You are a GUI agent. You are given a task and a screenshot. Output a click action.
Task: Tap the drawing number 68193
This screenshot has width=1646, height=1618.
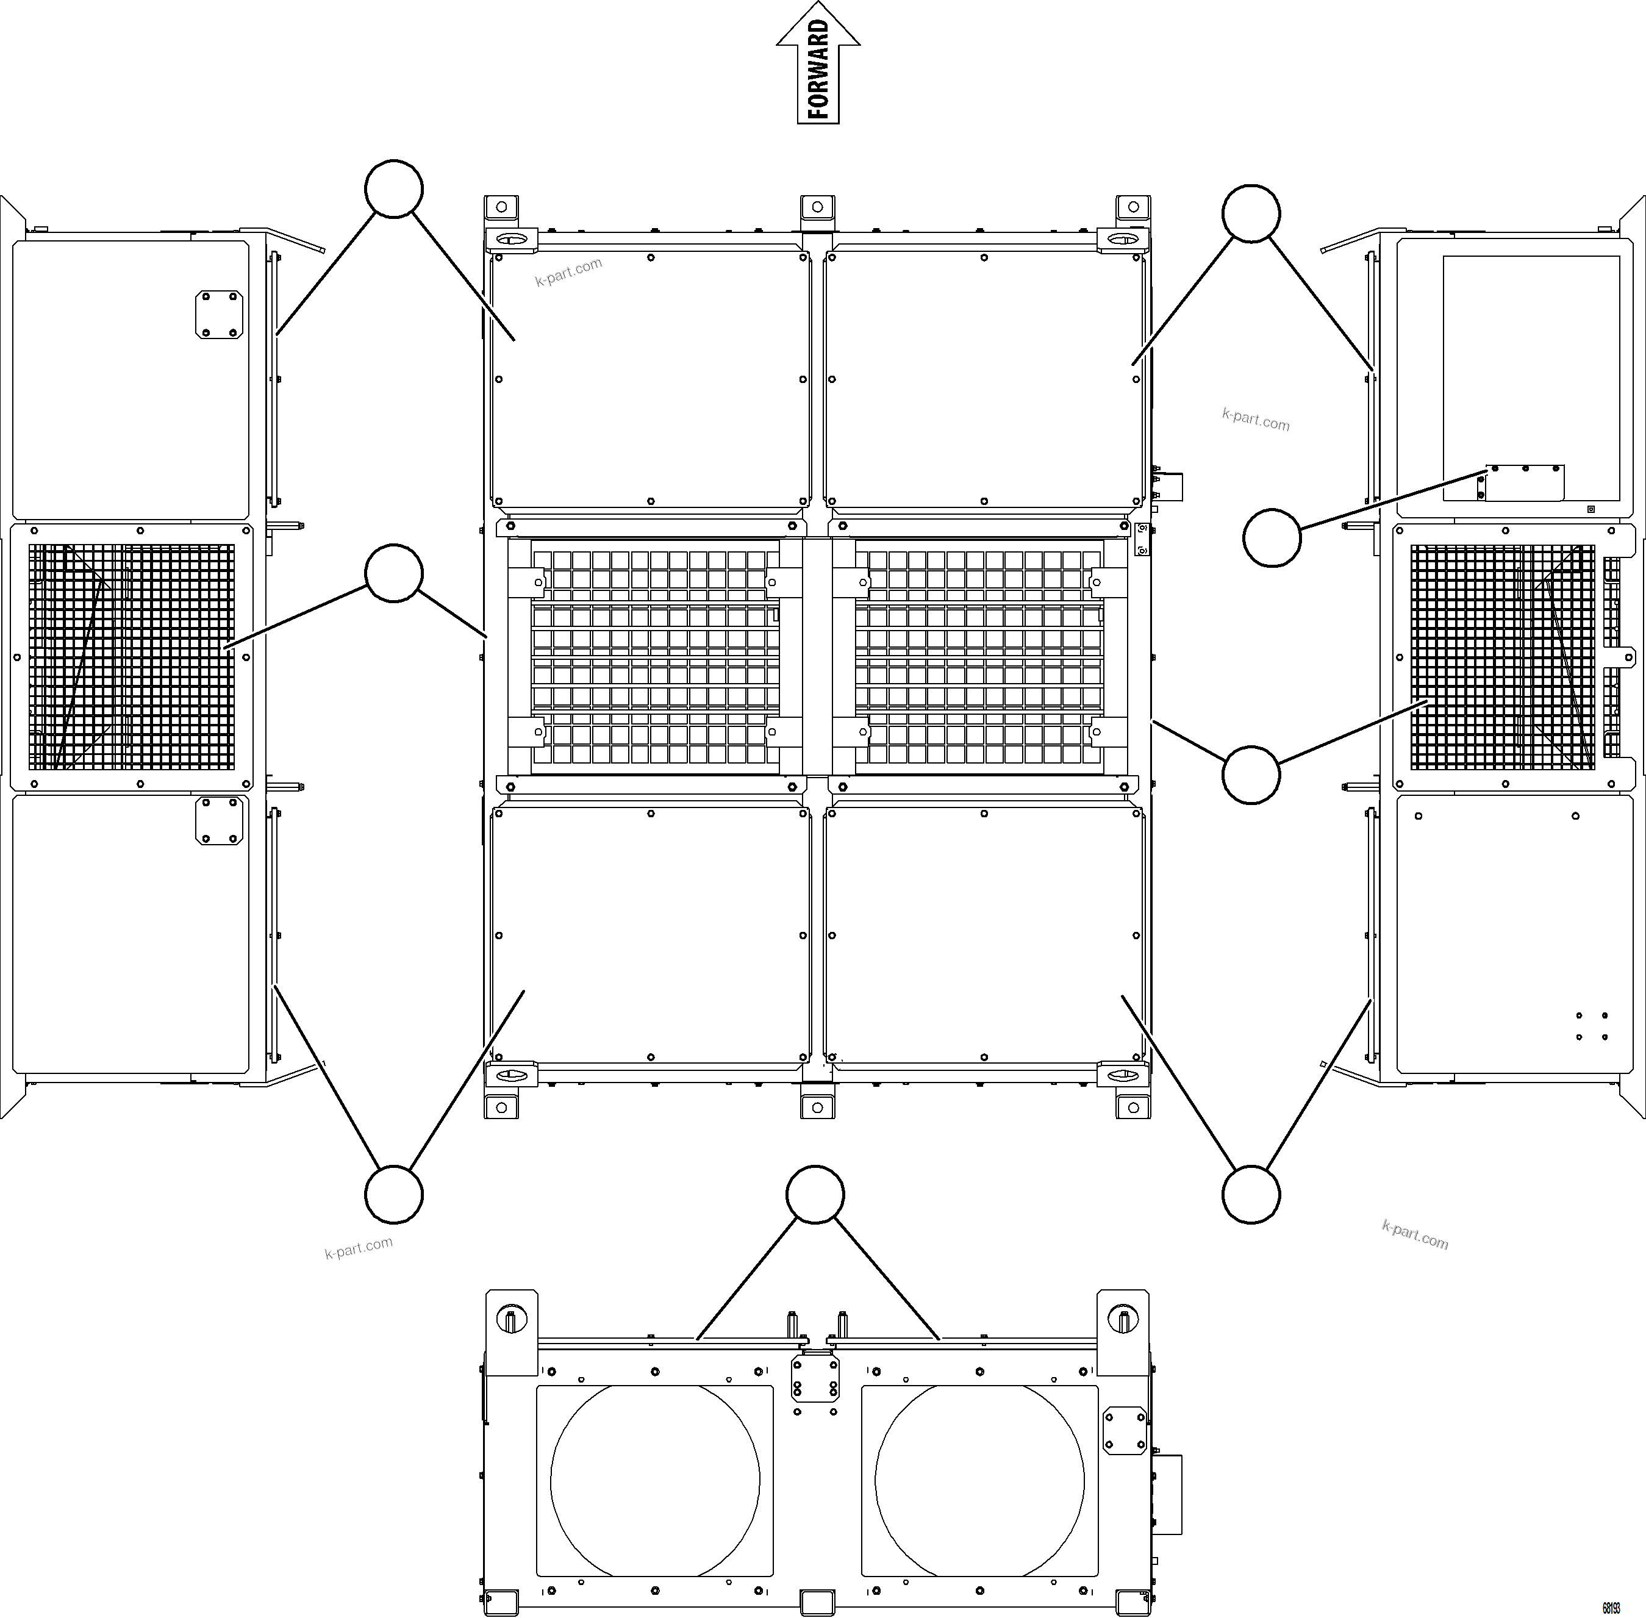point(1610,1608)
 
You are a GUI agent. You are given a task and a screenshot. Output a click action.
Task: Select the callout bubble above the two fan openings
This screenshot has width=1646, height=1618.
point(815,1195)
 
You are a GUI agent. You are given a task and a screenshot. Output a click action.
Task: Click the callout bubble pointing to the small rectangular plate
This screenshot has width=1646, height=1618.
point(1272,538)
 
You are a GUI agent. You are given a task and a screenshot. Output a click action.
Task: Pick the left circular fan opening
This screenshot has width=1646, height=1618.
point(654,1480)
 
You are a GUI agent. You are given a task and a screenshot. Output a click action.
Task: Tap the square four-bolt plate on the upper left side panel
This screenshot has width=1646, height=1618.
point(219,315)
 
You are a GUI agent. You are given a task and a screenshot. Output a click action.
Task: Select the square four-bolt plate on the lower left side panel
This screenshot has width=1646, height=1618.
point(219,821)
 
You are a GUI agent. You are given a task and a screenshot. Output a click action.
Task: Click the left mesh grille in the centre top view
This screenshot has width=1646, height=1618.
point(654,657)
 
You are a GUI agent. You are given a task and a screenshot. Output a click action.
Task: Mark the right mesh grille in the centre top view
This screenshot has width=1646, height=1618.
point(979,657)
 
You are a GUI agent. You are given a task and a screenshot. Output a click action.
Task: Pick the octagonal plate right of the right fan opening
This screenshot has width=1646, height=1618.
point(1123,1430)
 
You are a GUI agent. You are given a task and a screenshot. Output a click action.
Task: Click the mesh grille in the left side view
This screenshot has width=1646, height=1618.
point(132,657)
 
